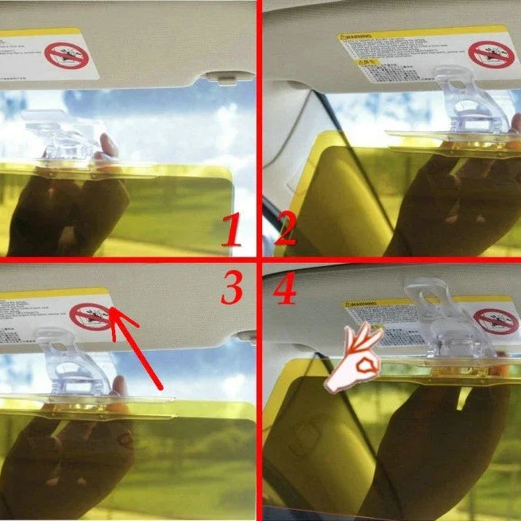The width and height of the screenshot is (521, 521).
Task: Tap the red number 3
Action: tap(232, 289)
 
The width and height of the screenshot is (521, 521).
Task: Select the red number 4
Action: tap(284, 291)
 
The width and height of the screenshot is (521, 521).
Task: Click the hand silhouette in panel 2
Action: tap(445, 199)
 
